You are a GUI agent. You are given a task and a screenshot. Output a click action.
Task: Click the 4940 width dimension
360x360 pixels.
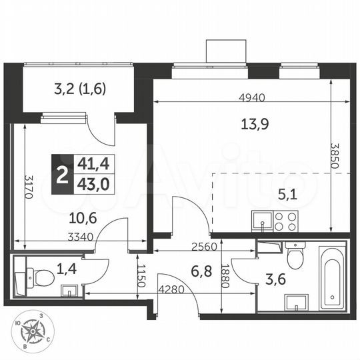pyautogui.click(x=252, y=97)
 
